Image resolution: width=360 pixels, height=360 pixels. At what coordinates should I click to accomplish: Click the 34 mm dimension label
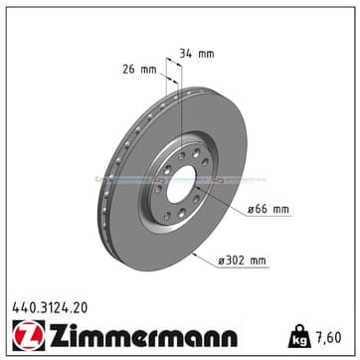pyautogui.click(x=196, y=54)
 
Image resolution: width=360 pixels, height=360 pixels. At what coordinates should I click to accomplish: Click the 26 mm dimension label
pyautogui.click(x=139, y=70)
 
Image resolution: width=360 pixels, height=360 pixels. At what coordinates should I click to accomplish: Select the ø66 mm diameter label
pyautogui.click(x=269, y=210)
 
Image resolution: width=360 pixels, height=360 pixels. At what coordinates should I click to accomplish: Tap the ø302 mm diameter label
pyautogui.click(x=242, y=261)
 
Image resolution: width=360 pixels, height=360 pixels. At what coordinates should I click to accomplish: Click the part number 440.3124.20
pyautogui.click(x=50, y=308)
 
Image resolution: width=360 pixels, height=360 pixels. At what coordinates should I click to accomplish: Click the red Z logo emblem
pyautogui.click(x=29, y=335)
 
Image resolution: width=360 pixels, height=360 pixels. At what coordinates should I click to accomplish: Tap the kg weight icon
pyautogui.click(x=299, y=336)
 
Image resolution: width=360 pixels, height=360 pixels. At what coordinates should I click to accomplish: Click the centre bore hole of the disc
pyautogui.click(x=181, y=184)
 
